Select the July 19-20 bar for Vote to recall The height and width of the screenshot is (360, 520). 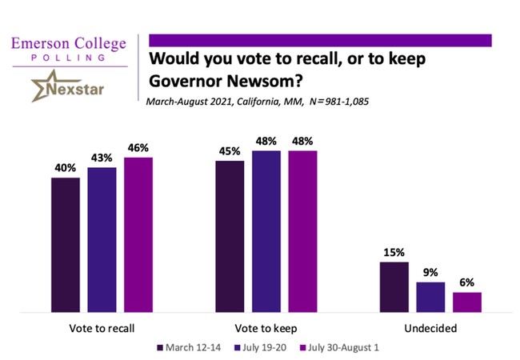tap(102, 239)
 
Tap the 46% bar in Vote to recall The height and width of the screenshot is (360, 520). tap(138, 234)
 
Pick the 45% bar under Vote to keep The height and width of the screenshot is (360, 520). tap(230, 236)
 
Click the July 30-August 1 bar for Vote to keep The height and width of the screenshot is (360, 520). tap(302, 230)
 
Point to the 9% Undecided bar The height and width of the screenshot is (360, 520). tap(430, 297)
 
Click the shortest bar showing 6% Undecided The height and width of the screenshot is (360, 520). tap(467, 302)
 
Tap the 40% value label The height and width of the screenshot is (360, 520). tap(66, 169)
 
